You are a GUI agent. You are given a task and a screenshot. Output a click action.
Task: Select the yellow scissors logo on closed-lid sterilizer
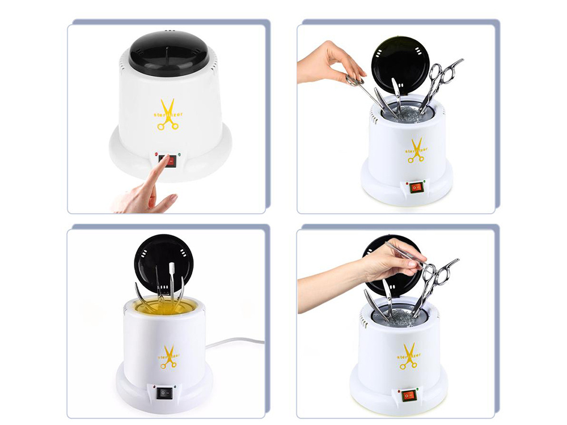coord(168,115)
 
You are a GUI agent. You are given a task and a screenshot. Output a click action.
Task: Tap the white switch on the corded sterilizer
coord(164,391)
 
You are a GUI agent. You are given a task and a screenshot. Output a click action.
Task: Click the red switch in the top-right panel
coord(417,187)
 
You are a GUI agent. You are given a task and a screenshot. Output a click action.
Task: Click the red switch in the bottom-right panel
coord(408,395)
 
